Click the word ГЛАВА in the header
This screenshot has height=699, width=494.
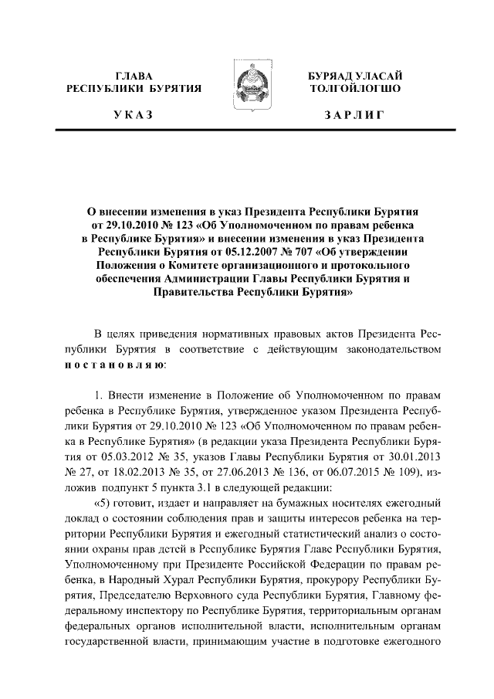[133, 76]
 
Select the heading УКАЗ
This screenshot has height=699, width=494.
[133, 115]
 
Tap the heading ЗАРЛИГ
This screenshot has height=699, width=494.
[355, 115]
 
